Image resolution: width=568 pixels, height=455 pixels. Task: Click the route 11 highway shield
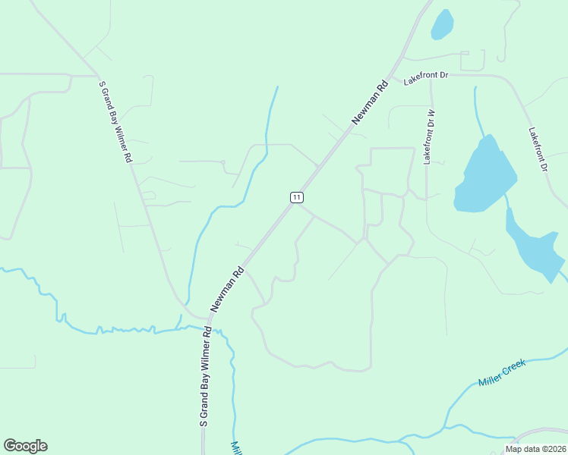pos(296,197)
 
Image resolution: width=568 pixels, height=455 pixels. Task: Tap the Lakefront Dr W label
pos(429,137)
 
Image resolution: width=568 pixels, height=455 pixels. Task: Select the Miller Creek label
pos(502,373)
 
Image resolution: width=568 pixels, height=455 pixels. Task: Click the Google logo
pos(25,446)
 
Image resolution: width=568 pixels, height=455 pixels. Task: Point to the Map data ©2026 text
pos(535,448)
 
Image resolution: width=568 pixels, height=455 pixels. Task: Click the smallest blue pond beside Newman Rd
pos(442,24)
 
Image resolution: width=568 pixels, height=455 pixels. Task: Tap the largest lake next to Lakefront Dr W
pos(483,176)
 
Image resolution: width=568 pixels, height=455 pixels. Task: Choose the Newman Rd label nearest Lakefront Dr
pos(370,102)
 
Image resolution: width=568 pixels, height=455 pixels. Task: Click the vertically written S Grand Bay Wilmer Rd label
pos(204,378)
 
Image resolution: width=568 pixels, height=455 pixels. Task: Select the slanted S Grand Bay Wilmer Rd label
pos(116,121)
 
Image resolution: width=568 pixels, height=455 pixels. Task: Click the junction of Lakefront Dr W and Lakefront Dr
pos(431,76)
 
